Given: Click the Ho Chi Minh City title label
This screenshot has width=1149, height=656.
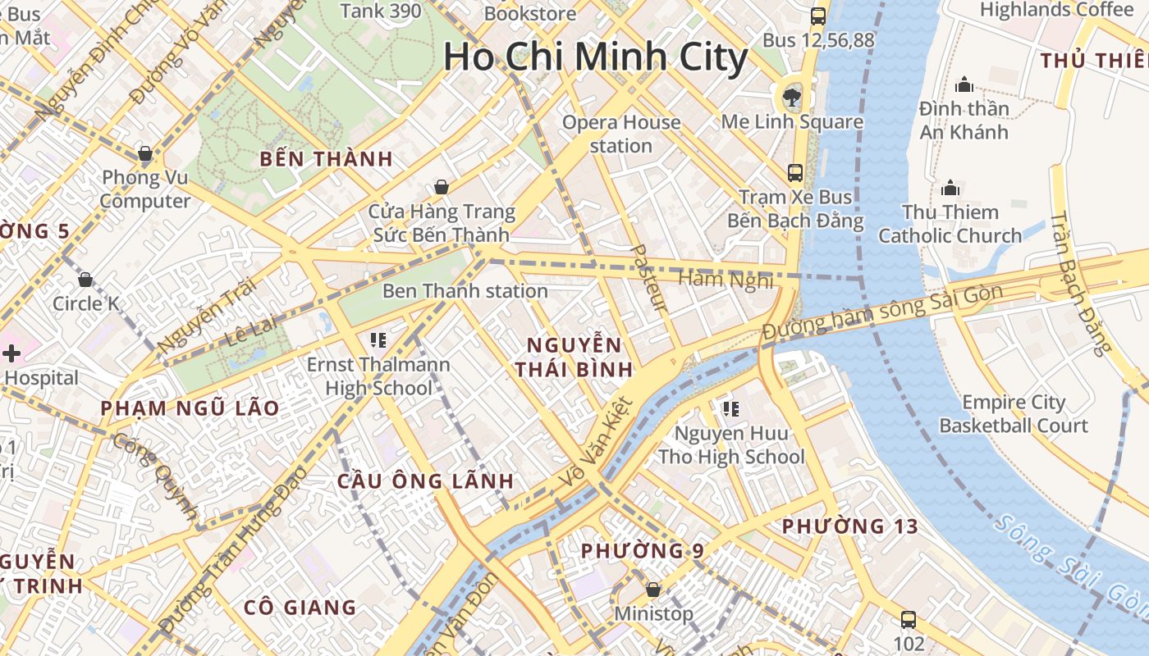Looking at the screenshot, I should tap(595, 57).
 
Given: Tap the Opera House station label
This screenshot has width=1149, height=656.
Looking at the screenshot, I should tap(621, 134).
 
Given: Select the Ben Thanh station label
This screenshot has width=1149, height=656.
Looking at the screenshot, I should tap(465, 291).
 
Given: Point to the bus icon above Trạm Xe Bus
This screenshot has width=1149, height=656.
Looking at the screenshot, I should tap(794, 172).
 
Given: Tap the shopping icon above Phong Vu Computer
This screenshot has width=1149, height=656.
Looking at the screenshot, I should tap(145, 153).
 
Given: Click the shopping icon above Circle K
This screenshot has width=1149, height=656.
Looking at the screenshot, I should tap(85, 280).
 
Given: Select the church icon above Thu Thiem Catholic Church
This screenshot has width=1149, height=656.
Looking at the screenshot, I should tap(950, 188).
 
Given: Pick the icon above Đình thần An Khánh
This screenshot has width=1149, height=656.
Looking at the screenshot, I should tap(964, 84).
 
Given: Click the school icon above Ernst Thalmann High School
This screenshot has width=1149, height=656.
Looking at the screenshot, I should tap(378, 339).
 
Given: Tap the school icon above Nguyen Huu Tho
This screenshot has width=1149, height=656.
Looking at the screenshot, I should tap(731, 408).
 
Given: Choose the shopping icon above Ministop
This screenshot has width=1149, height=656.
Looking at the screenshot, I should tap(653, 589).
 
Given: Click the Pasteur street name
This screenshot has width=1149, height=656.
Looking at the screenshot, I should tap(648, 279).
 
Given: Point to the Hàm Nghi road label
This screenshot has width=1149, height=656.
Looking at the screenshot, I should tap(726, 280).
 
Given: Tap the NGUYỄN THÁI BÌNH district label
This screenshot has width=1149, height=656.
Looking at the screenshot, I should tap(574, 357).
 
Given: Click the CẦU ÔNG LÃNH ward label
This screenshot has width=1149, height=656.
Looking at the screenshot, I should tap(425, 481).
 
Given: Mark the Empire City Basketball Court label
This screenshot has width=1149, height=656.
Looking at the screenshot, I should tap(1014, 414).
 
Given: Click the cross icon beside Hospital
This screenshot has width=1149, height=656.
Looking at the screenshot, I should tap(11, 353).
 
